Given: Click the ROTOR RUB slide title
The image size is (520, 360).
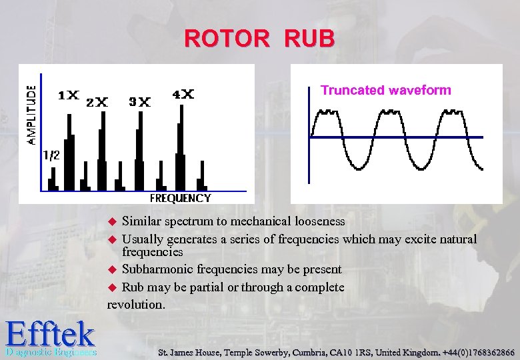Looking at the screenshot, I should (259, 39).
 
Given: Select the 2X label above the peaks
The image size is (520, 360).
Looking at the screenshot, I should (97, 102).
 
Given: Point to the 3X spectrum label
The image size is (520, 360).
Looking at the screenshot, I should (139, 102).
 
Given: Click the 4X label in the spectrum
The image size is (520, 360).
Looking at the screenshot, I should (183, 95).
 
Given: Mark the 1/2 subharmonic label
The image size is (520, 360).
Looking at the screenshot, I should (51, 155).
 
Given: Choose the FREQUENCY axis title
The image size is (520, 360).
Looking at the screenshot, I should (180, 198).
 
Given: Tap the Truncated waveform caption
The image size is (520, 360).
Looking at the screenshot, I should (386, 90).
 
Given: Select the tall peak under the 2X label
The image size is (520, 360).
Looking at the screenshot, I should (102, 150).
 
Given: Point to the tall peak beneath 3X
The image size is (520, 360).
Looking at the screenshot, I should (140, 150).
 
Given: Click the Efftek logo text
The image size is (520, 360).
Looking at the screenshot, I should (49, 333).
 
